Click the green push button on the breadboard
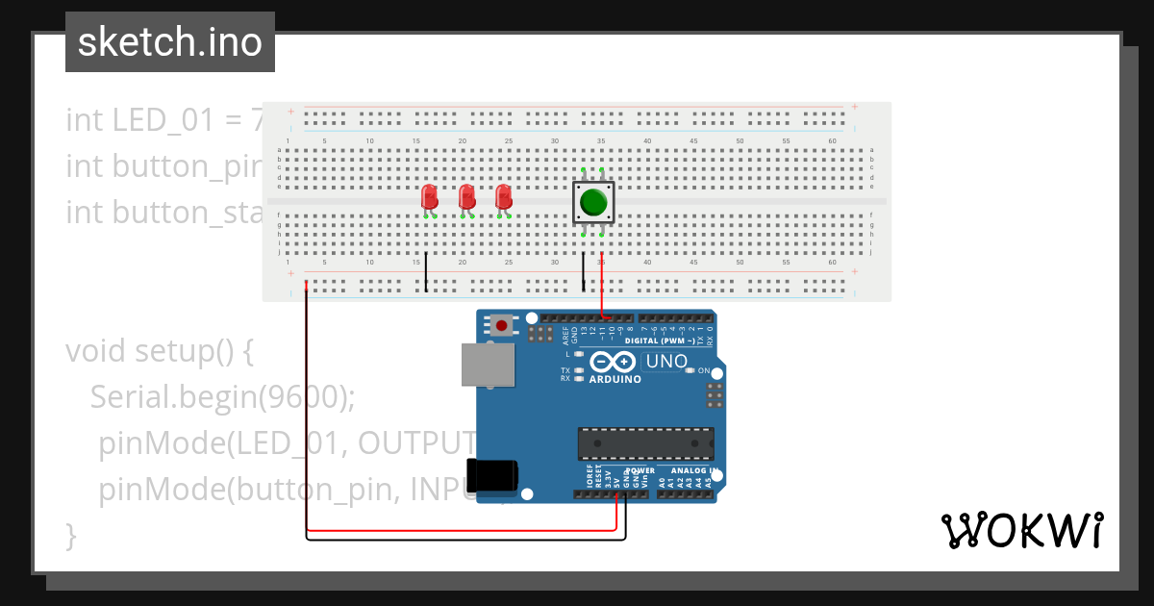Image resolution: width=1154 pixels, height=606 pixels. click(x=593, y=203)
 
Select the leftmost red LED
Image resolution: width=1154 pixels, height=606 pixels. click(x=430, y=198)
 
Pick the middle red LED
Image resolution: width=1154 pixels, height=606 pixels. click(x=466, y=197)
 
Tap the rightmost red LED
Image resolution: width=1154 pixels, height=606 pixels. click(x=502, y=197)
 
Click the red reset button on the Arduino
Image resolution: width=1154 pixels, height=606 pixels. click(x=500, y=326)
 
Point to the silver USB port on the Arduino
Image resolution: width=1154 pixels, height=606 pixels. click(x=488, y=366)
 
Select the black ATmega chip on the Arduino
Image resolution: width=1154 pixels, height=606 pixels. click(x=645, y=443)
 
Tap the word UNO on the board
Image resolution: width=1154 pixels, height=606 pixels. click(x=665, y=362)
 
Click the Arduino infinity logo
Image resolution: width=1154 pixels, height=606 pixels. click(x=613, y=363)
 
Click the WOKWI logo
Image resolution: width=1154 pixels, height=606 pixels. click(x=1021, y=530)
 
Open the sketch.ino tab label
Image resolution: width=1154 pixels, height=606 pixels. click(x=170, y=42)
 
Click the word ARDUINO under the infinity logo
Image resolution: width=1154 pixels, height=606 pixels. click(x=615, y=379)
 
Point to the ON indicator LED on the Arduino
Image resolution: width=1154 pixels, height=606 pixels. click(x=690, y=370)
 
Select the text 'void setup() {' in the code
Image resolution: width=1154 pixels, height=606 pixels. click(x=159, y=351)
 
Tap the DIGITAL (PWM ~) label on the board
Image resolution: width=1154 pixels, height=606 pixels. click(x=667, y=341)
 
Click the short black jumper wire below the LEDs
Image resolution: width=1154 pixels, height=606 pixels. click(x=426, y=273)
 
